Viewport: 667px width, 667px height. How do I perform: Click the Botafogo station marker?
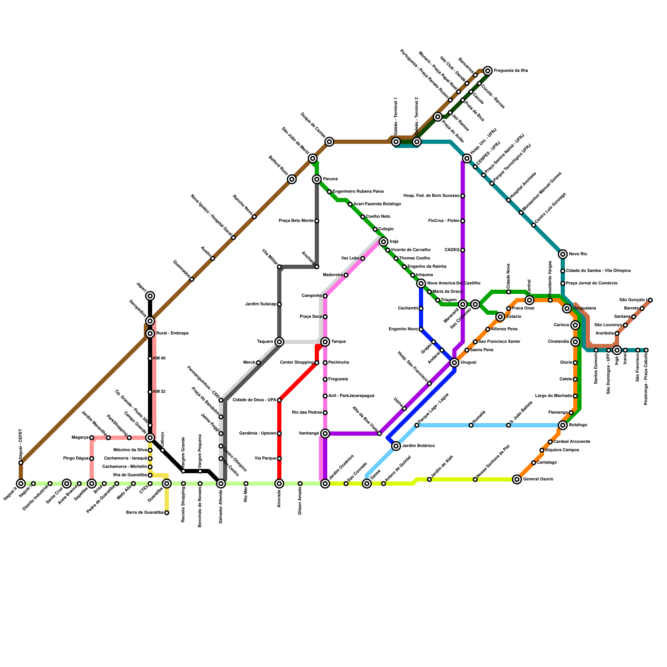563,425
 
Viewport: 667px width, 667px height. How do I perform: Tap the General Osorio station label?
538,479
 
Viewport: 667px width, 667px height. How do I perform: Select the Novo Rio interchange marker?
563,254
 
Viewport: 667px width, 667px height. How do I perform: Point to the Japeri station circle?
150,296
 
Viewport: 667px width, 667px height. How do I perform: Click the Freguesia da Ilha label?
511,71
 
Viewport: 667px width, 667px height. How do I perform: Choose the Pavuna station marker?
317,179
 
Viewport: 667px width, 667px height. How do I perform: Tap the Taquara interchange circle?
279,342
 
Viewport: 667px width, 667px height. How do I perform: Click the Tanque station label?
339,342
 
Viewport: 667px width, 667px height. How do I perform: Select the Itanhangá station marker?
325,434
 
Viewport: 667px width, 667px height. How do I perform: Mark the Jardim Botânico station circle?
396,446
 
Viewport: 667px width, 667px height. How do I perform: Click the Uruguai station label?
468,363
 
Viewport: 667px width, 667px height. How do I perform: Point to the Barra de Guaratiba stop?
167,513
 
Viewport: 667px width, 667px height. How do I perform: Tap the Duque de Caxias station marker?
329,142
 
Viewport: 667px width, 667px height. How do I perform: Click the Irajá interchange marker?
384,242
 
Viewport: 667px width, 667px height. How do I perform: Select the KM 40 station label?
159,359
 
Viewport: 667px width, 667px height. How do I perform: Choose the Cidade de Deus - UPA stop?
279,400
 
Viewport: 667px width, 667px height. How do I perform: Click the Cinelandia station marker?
575,342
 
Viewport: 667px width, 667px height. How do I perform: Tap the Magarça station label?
80,438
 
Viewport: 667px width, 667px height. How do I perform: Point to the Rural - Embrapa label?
172,333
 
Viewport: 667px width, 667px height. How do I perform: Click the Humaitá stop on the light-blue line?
471,425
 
